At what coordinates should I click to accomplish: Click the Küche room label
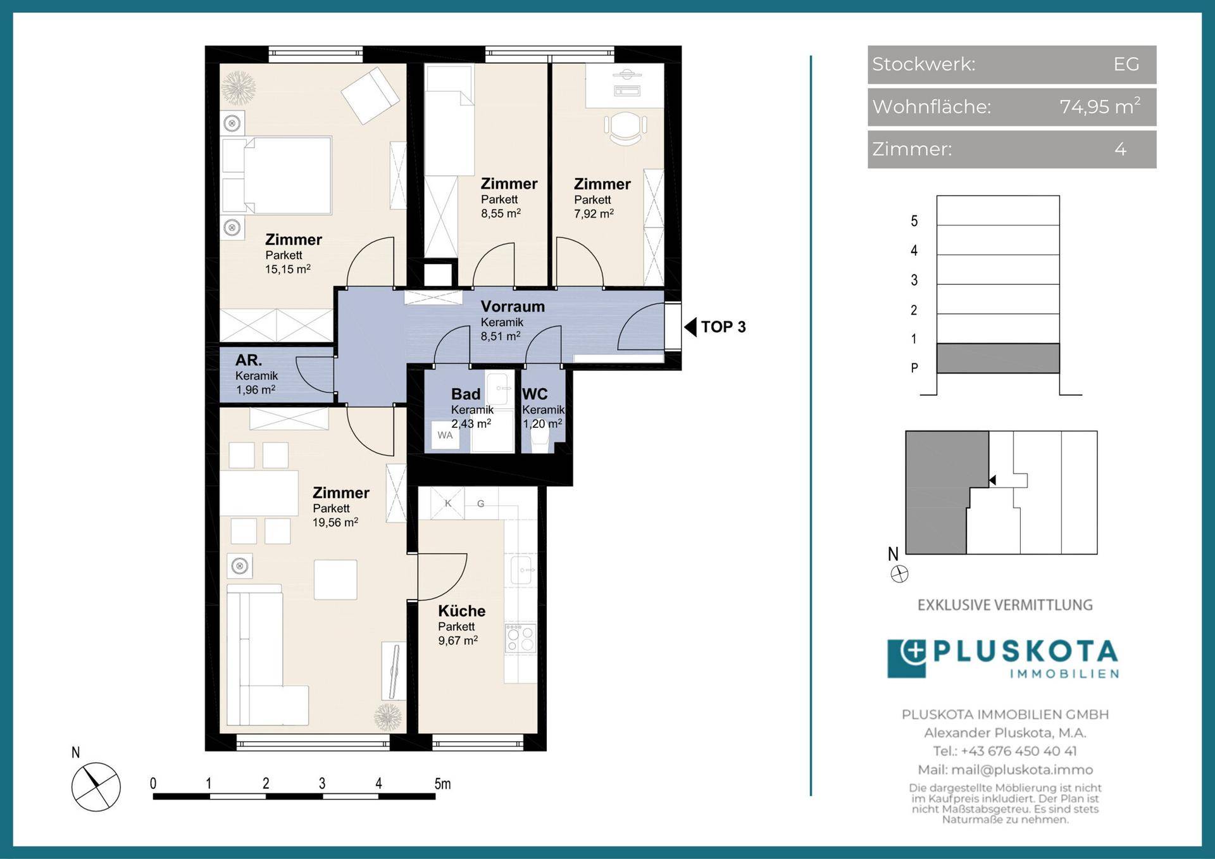(462, 611)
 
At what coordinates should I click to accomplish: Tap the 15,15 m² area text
(288, 269)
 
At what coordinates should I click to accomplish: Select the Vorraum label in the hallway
(513, 306)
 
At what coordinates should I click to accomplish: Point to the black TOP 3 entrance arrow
(690, 327)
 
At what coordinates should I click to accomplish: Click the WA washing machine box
(445, 436)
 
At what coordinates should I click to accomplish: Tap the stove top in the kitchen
(520, 638)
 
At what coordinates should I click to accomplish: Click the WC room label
(535, 394)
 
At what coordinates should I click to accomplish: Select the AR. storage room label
(249, 360)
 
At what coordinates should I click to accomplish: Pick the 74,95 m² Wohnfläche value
(1100, 106)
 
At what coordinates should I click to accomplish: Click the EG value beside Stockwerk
(1126, 64)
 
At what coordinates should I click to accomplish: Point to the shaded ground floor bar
(998, 358)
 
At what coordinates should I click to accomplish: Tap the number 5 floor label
(914, 221)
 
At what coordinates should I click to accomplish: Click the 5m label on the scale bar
(442, 784)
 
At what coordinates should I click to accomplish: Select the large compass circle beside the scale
(96, 787)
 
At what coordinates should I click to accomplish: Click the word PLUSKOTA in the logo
(1026, 652)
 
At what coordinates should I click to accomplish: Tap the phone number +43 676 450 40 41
(1018, 751)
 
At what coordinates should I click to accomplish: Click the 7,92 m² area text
(594, 214)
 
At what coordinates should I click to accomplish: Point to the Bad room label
(466, 394)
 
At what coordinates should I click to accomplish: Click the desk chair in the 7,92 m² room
(625, 127)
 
